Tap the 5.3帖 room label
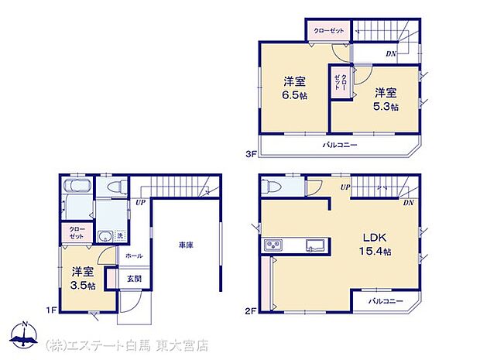[386, 99]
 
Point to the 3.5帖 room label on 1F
[84, 279]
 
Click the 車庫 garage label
[185, 245]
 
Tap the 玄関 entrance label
[133, 279]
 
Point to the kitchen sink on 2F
[315, 246]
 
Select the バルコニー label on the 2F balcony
[386, 301]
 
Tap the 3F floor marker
[251, 153]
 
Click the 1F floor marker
[50, 310]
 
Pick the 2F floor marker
[251, 310]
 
